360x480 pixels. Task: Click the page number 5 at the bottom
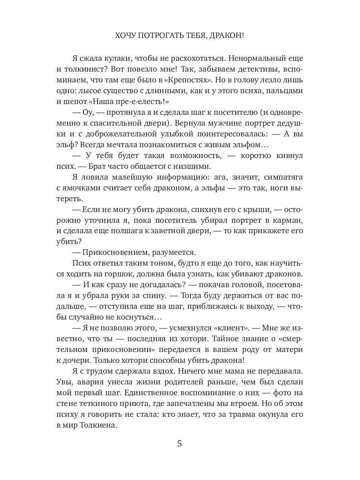pyautogui.click(x=180, y=444)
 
